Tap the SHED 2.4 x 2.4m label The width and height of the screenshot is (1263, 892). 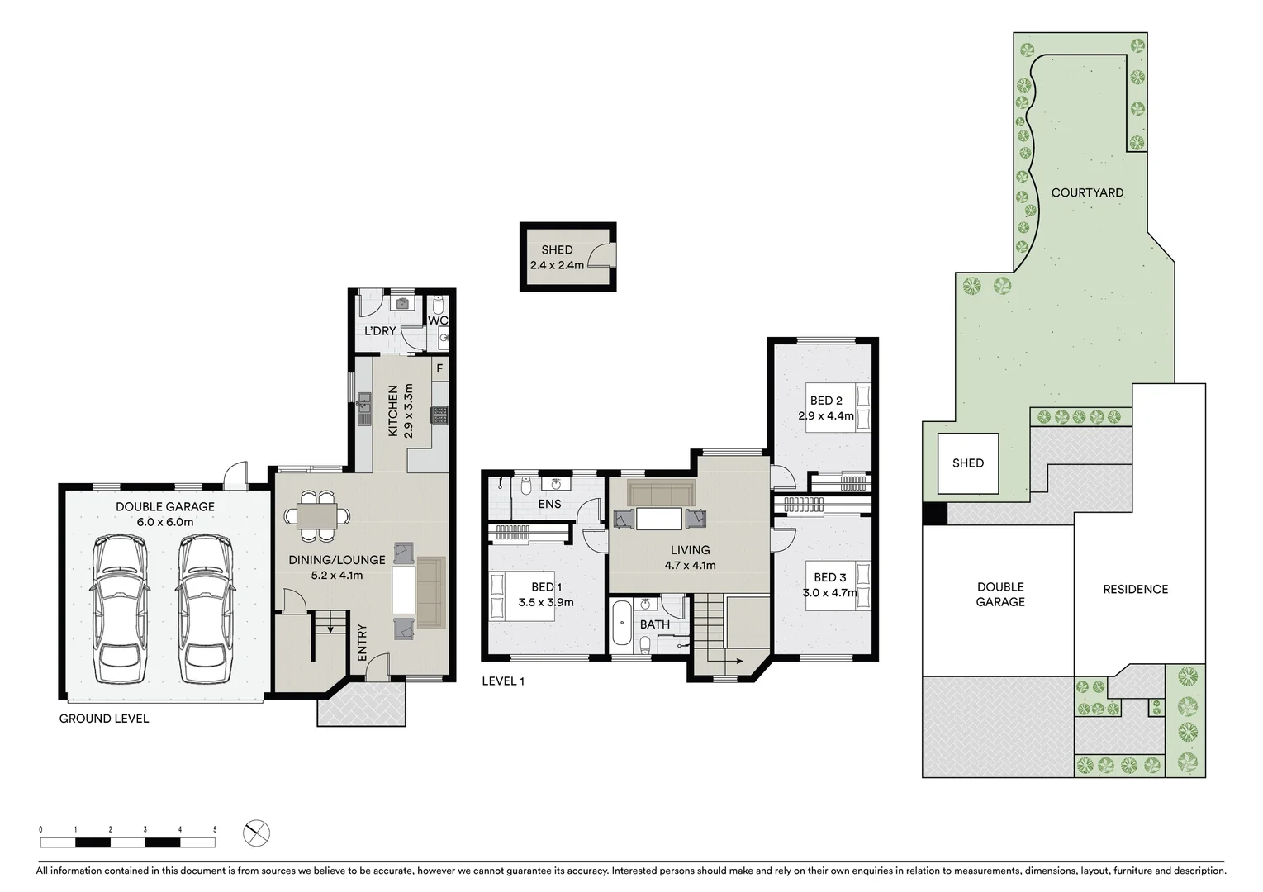tap(557, 258)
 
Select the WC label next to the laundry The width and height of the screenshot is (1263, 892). tap(437, 320)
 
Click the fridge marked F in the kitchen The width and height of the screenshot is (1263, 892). tap(439, 368)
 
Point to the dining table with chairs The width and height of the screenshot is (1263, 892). tap(317, 516)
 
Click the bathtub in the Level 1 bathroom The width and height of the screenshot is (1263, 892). tap(621, 624)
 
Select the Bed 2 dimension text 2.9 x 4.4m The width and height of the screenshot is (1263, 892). tap(826, 416)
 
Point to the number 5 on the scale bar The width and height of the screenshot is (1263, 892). tap(215, 829)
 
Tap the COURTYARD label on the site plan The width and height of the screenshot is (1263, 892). tap(1087, 192)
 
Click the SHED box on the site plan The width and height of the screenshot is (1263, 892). tap(968, 463)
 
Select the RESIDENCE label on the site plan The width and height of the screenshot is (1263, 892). tap(1135, 589)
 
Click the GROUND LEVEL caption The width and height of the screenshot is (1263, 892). tap(104, 719)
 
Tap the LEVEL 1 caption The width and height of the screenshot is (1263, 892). tap(503, 681)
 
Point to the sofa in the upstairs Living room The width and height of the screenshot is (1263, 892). tap(661, 492)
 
